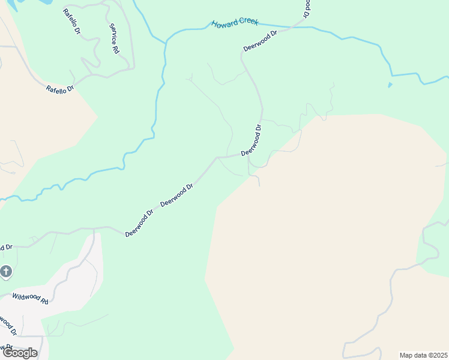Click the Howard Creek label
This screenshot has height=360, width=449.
pyautogui.click(x=235, y=23)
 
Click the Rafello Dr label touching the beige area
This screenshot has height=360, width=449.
pyautogui.click(x=59, y=88)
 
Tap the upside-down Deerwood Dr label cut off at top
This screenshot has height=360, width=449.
pyautogui.click(x=307, y=7)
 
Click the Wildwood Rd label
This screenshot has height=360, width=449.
pyautogui.click(x=30, y=298)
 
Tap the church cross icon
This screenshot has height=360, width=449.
pyautogui.click(x=6, y=272)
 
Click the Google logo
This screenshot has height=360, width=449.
pyautogui.click(x=20, y=353)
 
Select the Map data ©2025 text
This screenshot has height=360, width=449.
pyautogui.click(x=424, y=355)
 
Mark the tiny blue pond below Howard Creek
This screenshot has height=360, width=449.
pyautogui.click(x=390, y=85)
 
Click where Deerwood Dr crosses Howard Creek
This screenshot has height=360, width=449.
pyautogui.click(x=296, y=26)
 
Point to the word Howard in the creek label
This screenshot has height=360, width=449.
pyautogui.click(x=222, y=24)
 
